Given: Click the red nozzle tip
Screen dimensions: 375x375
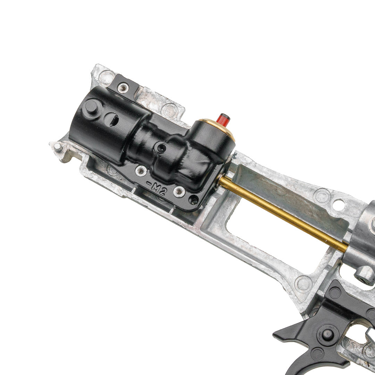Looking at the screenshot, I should pos(223,120).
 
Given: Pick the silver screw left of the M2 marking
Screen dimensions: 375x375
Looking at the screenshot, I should pos(141,170).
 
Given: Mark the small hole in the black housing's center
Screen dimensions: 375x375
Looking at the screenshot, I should pos(161,148).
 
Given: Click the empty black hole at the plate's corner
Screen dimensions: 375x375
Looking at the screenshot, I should pos(194,200).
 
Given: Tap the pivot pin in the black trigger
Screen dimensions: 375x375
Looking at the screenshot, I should pos(327,334).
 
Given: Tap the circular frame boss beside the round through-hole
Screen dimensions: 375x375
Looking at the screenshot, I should pos(322,196).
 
